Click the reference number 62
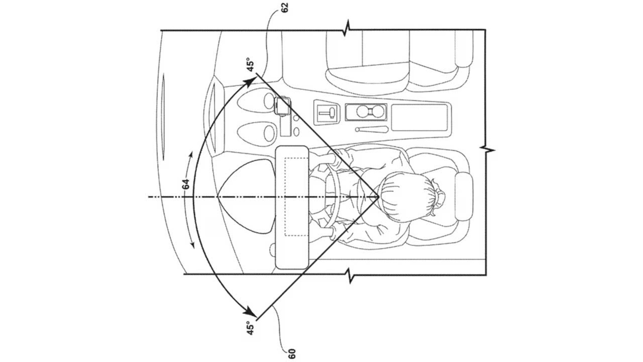285,7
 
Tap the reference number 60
291,354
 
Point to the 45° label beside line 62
251,65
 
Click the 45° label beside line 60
251,328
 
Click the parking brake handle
372,129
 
